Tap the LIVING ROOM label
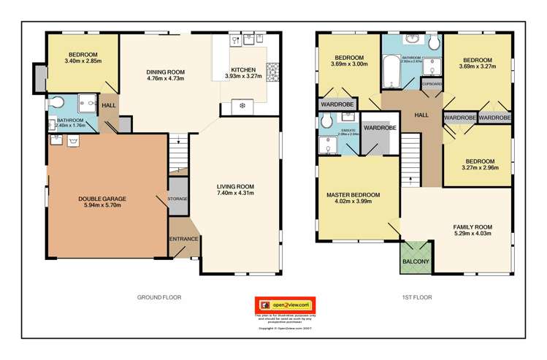[234, 186]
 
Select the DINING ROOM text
[166, 72]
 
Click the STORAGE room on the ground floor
[177, 199]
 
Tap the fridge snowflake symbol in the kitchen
[242, 107]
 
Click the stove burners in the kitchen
[273, 72]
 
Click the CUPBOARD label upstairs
[432, 84]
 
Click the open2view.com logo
[283, 305]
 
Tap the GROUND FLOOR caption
[159, 297]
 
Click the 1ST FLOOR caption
[417, 297]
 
